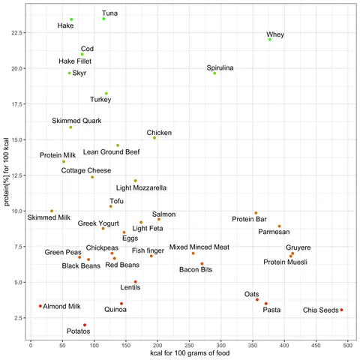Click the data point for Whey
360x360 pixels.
pos(270,39)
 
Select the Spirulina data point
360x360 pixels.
pos(214,73)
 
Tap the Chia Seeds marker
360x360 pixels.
pos(341,310)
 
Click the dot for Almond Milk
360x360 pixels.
pos(40,306)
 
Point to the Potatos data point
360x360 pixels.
pos(85,325)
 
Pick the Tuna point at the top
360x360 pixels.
pos(103,19)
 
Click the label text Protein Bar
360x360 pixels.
pos(250,219)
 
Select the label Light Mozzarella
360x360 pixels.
pos(141,187)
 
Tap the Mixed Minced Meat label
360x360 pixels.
pos(199,246)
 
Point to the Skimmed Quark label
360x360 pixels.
pos(76,120)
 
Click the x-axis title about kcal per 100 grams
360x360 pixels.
pos(192,354)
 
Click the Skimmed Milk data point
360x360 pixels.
pos(52,211)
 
